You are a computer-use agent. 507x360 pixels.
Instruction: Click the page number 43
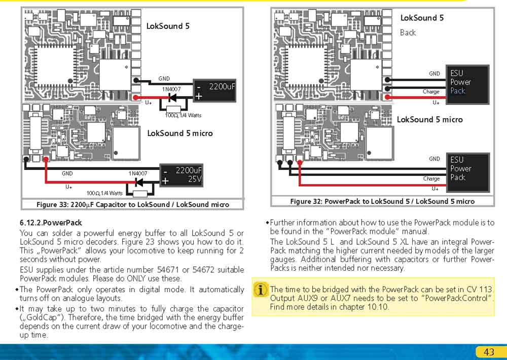click(489, 352)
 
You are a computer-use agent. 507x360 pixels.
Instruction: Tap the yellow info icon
click(261, 290)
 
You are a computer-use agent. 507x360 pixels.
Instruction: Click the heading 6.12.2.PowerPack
click(51, 223)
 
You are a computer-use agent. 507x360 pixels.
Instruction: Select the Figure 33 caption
click(133, 204)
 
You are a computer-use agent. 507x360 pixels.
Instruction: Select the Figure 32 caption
click(382, 201)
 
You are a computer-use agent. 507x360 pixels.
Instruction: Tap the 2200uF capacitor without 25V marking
click(215, 91)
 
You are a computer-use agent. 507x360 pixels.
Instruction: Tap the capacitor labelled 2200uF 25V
click(181, 174)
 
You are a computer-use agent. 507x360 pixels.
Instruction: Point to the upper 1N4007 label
click(171, 89)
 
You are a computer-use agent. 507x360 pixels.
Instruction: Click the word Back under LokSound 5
click(408, 32)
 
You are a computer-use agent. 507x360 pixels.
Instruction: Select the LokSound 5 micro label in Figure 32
click(429, 120)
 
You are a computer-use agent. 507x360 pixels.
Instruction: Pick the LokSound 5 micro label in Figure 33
click(179, 133)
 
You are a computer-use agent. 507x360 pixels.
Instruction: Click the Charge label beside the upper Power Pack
click(431, 92)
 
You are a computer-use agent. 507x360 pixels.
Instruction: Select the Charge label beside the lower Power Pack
click(431, 178)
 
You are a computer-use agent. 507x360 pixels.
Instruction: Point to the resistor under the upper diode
click(173, 109)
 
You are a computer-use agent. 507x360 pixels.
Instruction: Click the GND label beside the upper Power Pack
click(434, 74)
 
